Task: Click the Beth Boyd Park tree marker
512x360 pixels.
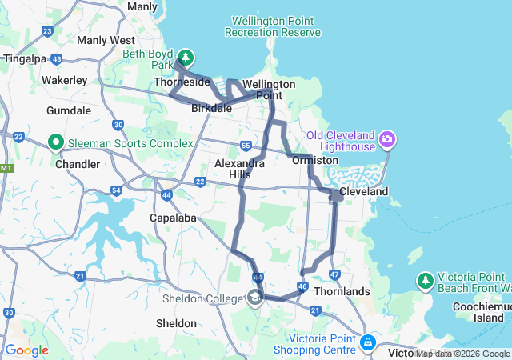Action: (x=186, y=57)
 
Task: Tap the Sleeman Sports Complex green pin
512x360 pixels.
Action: (x=56, y=143)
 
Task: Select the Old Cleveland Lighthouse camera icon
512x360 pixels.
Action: (x=388, y=140)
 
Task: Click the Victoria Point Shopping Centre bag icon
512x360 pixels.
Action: (x=367, y=342)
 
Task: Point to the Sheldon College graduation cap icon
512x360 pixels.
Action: (x=254, y=298)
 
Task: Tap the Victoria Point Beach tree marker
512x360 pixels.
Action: (x=425, y=281)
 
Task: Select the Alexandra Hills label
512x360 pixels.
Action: (x=239, y=168)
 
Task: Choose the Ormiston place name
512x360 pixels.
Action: (x=315, y=160)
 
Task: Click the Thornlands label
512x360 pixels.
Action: (x=343, y=292)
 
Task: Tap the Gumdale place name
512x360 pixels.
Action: (x=69, y=110)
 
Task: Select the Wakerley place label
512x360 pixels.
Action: (x=64, y=80)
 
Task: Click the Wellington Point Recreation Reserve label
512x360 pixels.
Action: (x=273, y=26)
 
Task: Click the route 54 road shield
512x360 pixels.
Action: (x=117, y=190)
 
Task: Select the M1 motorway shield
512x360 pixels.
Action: (x=6, y=168)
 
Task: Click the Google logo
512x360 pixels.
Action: (x=26, y=350)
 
